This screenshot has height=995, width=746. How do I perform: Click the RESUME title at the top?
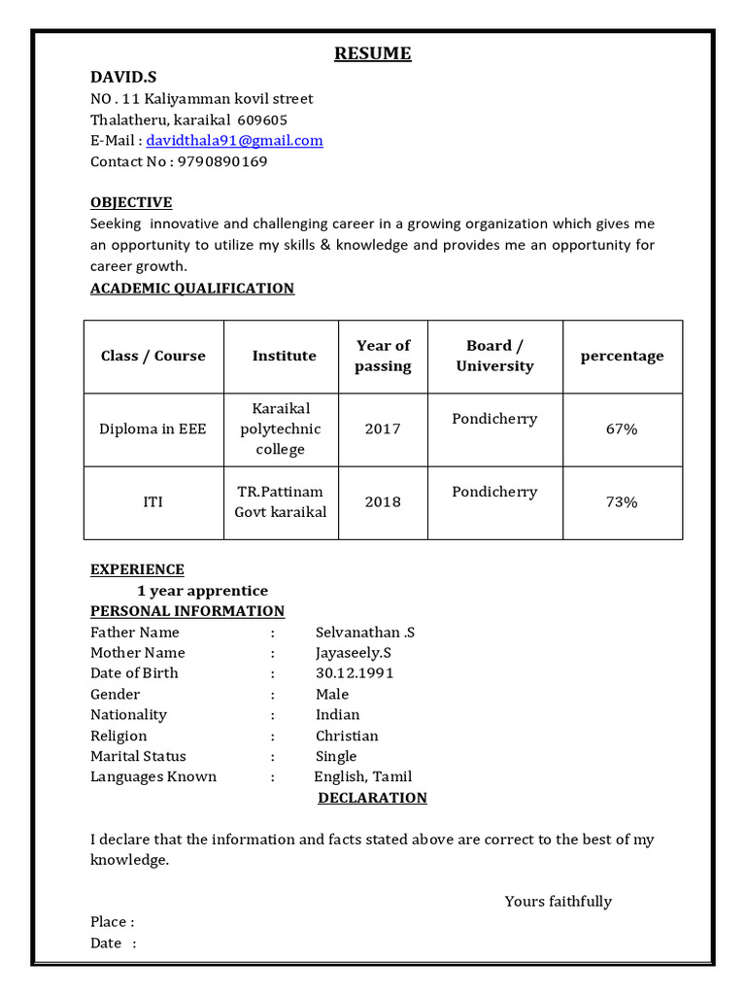[373, 53]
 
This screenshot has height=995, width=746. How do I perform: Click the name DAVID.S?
[123, 77]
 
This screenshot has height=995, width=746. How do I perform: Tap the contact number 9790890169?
[222, 161]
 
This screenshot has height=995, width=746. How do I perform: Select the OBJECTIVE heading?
[131, 202]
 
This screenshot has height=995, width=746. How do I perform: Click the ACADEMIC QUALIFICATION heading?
[192, 288]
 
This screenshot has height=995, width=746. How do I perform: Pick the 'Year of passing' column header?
[383, 356]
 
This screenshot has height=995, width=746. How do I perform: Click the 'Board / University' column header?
[494, 356]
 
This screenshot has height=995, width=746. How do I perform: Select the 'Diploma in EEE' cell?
[153, 429]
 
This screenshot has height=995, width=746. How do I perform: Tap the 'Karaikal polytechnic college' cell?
[281, 429]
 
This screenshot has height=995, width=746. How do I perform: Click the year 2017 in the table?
[383, 429]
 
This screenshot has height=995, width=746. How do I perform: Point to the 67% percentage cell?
[622, 429]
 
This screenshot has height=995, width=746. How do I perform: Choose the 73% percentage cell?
[622, 502]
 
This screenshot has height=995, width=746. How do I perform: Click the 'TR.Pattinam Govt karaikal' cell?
[281, 502]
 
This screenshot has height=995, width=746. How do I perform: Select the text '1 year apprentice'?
[202, 591]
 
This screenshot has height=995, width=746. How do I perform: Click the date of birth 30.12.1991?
[355, 673]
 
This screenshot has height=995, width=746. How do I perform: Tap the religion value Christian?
[347, 736]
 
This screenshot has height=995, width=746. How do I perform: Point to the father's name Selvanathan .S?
[365, 633]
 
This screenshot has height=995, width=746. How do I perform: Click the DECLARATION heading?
[373, 798]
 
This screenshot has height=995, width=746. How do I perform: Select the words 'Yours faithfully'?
[558, 902]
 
